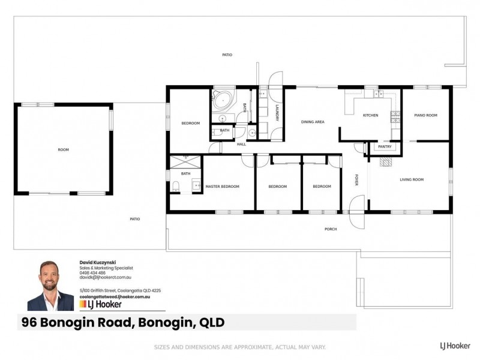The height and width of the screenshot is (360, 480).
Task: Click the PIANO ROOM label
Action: [x=425, y=115]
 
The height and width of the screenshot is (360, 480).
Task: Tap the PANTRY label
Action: [x=384, y=146]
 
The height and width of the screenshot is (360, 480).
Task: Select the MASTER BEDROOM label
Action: [x=222, y=187]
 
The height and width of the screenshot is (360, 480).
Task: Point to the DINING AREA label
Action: [x=313, y=122]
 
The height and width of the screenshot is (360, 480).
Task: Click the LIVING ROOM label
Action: [x=412, y=179]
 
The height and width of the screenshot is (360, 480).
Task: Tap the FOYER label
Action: [x=356, y=180]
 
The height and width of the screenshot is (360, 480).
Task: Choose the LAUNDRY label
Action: [x=277, y=113]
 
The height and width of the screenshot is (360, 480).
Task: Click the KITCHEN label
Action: [x=370, y=115]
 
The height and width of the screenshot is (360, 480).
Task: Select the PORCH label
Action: [x=330, y=229]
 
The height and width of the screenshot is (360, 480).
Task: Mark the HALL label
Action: [x=241, y=144]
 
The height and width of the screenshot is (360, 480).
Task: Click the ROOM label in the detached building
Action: [x=63, y=149]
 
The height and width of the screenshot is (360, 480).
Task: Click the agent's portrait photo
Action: [x=50, y=286]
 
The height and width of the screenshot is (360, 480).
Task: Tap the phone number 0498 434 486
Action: [x=92, y=273]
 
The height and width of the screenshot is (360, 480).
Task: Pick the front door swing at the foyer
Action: [x=356, y=217]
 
